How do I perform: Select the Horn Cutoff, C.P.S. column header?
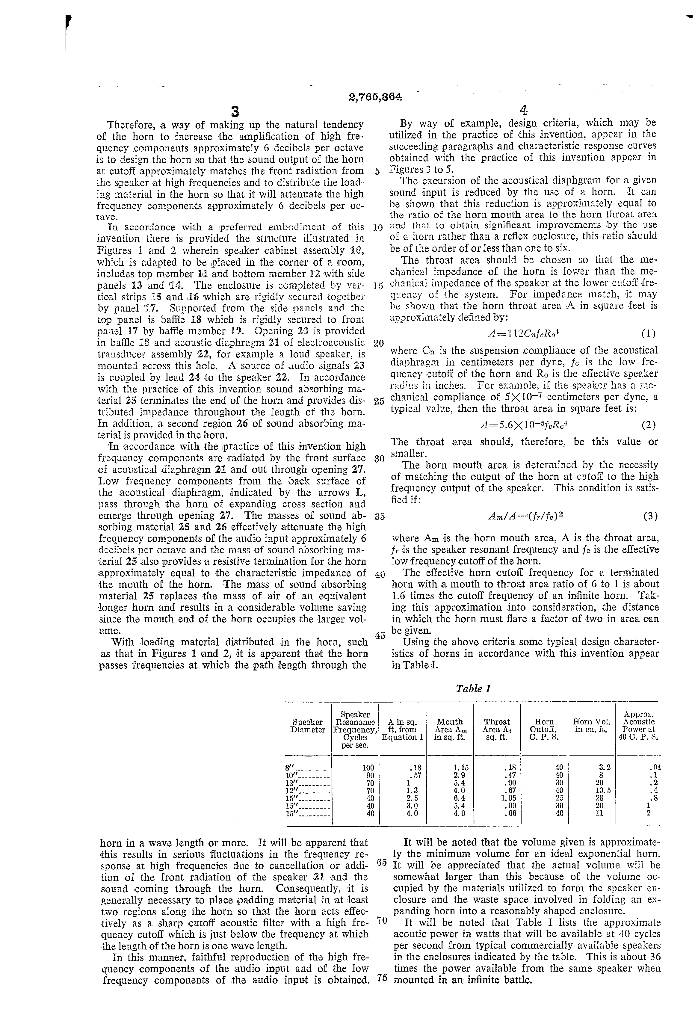tap(544, 729)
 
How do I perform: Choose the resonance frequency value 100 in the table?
tap(368, 768)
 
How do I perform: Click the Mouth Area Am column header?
tap(449, 729)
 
